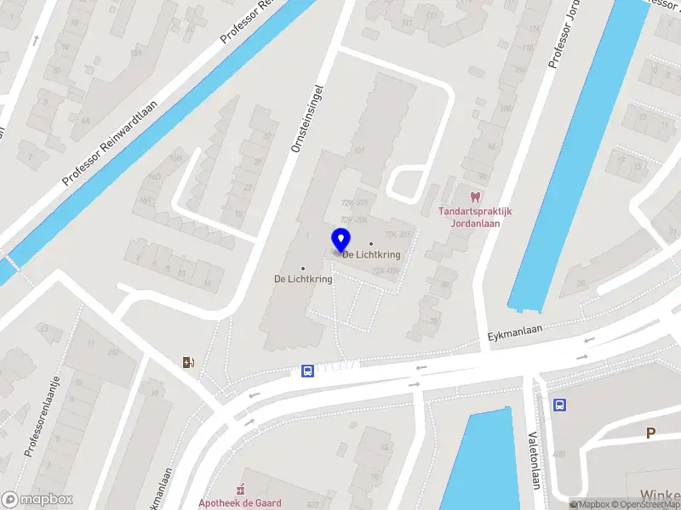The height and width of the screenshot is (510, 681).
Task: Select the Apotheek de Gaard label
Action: [239, 502]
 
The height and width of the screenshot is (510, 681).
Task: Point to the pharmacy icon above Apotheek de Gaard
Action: [240, 489]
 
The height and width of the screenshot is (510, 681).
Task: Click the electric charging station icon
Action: [188, 363]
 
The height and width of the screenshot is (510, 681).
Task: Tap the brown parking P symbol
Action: [650, 433]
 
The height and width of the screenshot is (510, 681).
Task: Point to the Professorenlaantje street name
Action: [42, 416]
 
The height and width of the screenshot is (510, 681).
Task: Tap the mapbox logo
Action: [37, 500]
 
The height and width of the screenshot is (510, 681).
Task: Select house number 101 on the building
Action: [358, 150]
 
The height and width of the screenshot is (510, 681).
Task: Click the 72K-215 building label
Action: [398, 235]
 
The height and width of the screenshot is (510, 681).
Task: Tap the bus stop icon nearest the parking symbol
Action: [559, 405]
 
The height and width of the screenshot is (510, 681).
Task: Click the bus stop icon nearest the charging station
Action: [306, 371]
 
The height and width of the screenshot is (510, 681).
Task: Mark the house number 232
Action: [112, 352]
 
